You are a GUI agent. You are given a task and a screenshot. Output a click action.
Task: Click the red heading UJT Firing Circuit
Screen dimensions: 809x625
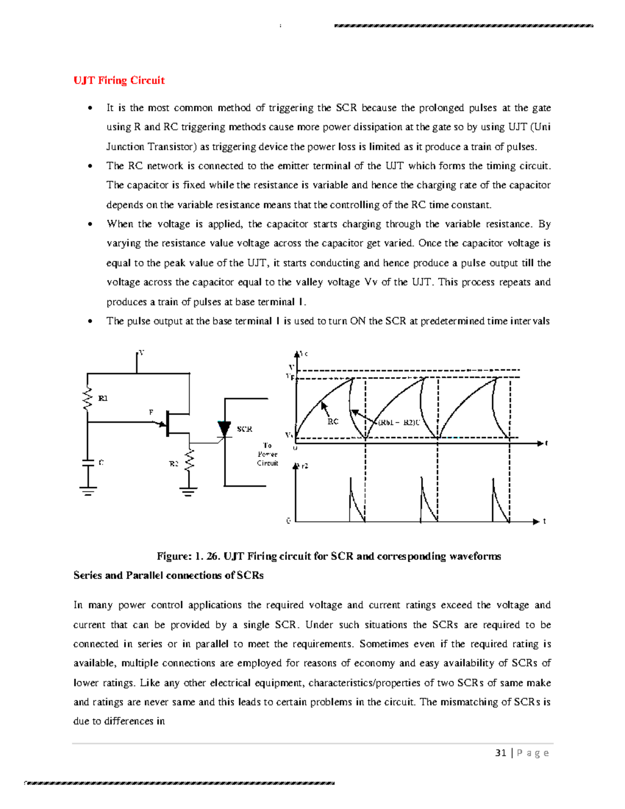tap(119, 80)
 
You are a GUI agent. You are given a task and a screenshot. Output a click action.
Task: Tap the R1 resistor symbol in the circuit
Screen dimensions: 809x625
tap(88, 399)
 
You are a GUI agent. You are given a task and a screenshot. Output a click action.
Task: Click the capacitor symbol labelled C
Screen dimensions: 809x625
tap(88, 462)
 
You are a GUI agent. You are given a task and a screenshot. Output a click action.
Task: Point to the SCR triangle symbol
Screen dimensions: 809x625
tap(224, 429)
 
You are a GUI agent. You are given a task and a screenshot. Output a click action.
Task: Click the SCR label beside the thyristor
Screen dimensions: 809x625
tap(245, 429)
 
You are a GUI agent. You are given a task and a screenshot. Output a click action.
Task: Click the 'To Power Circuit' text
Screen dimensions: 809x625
tap(268, 454)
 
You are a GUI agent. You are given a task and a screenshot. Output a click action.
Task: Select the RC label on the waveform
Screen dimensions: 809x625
tap(333, 421)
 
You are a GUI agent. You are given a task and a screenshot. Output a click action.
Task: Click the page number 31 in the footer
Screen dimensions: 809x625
tap(501, 753)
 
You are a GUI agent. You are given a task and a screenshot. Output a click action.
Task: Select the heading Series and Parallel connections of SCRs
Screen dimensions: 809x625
tap(168, 576)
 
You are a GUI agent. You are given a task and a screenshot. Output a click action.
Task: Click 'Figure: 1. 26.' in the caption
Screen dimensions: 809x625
tap(188, 556)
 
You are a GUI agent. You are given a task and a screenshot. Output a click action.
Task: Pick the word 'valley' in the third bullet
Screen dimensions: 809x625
tap(309, 282)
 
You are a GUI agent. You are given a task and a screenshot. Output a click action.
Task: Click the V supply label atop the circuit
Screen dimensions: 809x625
tap(141, 353)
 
